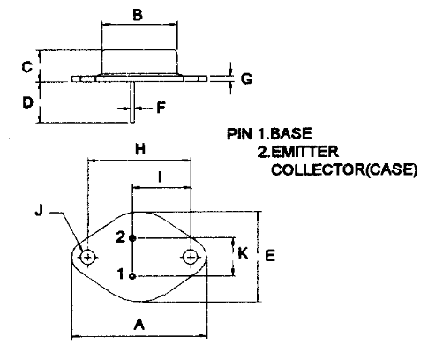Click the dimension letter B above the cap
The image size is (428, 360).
coord(138,15)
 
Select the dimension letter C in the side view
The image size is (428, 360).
coord(27,67)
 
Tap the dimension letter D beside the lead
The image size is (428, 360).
coord(27,102)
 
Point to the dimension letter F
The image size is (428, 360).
coord(161,108)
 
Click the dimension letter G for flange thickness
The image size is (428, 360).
coord(246,79)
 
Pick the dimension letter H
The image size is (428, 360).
coord(140,149)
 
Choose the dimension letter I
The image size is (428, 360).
coord(160,177)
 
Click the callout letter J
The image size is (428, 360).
coord(39,211)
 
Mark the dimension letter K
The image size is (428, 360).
coord(243,253)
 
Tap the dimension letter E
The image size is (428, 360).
coord(270,255)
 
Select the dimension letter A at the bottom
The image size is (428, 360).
coord(139,325)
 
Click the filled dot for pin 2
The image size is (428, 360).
coord(132,238)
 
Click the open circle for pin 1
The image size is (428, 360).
coord(132,276)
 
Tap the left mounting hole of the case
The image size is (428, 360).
coord(87,258)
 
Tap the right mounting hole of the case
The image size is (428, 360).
coord(191,258)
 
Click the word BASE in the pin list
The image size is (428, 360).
coord(290,134)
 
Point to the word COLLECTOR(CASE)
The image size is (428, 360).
coord(344,169)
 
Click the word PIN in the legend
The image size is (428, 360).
coord(239,134)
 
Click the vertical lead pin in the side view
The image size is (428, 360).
coord(132,102)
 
